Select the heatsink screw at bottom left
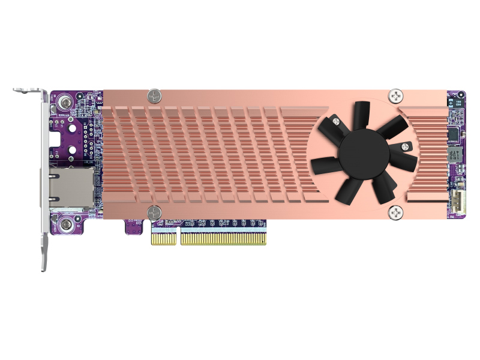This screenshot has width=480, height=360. click(x=154, y=211)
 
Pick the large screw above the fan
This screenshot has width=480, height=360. click(x=397, y=95)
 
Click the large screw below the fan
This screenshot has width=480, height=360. click(x=397, y=211)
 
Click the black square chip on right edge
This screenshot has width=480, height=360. click(x=455, y=131)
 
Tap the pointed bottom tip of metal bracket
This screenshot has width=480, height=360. click(x=44, y=267)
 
